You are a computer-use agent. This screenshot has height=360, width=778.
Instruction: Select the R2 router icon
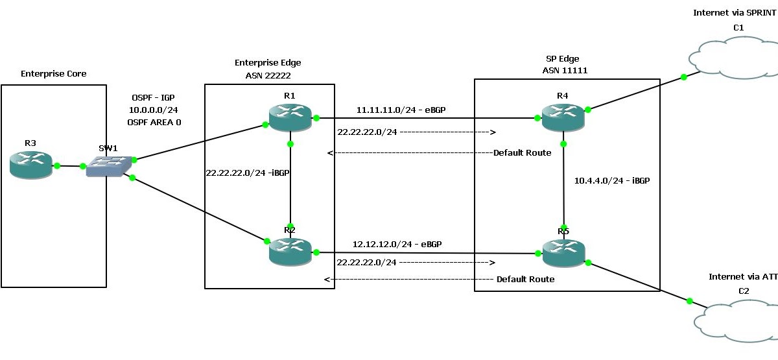point(290,251)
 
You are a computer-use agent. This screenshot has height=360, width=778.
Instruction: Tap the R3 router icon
point(31,165)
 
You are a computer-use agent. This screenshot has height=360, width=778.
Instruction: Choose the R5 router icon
point(563,252)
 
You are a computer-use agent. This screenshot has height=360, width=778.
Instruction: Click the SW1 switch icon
point(108,166)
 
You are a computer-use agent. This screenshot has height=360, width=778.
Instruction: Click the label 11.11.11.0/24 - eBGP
point(401,111)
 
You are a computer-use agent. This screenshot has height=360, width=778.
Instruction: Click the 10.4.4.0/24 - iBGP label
point(612,181)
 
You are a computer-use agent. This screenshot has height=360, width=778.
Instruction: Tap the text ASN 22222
point(267,75)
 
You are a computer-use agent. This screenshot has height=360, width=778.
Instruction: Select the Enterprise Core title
point(53,73)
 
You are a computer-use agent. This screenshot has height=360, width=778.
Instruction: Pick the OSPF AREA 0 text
point(156,121)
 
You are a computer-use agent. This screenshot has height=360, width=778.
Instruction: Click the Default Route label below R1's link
point(522,153)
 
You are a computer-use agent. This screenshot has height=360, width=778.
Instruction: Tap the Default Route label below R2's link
point(525,279)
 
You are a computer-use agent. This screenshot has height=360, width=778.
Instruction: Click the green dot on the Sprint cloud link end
point(683,77)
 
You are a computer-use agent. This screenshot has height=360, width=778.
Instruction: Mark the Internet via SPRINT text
point(734,12)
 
